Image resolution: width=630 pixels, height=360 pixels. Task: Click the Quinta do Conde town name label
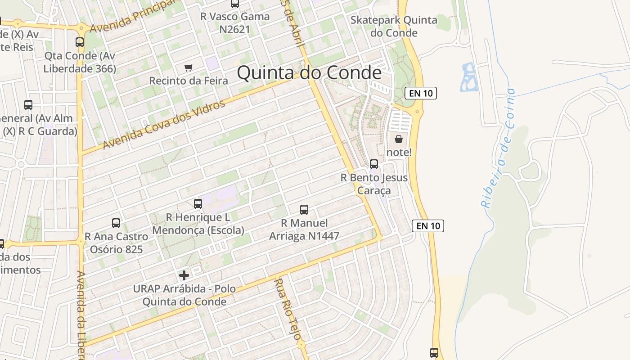309,73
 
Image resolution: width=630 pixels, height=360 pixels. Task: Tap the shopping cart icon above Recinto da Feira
189,68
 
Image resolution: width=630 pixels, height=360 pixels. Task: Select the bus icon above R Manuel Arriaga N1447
304,209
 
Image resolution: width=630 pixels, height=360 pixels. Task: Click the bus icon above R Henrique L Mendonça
198,204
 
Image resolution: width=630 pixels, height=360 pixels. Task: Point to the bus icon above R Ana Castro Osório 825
116,223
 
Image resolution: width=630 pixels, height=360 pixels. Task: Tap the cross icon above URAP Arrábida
184,275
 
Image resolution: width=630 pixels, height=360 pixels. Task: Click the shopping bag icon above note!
399,139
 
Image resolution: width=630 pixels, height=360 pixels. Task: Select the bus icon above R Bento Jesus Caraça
374,164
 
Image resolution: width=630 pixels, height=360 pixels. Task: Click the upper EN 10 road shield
421,93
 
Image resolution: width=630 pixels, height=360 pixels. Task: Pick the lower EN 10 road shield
428,225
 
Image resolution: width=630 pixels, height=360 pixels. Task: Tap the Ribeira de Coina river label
499,148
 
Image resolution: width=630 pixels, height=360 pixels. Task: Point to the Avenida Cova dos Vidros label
164,125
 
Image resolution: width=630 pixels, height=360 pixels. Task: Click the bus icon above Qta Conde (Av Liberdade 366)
80,42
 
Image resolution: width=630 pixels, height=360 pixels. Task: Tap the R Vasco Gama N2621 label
235,23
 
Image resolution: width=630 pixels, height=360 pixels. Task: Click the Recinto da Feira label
189,81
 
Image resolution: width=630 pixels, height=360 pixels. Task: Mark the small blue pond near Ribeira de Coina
468,77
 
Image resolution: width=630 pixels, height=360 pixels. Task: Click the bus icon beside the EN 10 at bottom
434,352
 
